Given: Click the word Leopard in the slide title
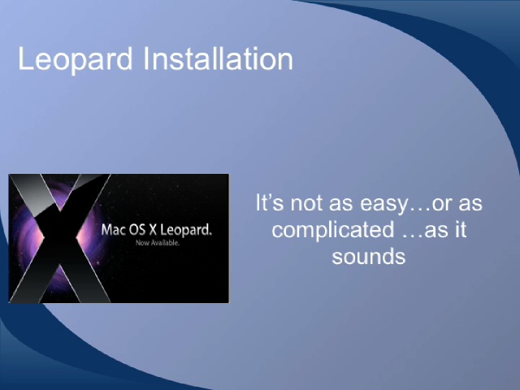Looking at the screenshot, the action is [x=76, y=59].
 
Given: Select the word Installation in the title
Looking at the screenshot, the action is [x=219, y=58].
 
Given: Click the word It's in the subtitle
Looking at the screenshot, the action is [x=269, y=202].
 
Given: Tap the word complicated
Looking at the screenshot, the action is [x=333, y=230].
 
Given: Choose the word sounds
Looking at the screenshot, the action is [x=368, y=257].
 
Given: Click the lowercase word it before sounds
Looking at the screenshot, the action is [x=461, y=229].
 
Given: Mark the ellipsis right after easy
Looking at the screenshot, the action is [x=419, y=209].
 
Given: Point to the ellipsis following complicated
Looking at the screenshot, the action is [x=413, y=236].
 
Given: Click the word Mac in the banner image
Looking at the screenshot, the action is [x=114, y=229].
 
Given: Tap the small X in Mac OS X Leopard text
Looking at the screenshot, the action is [x=153, y=229].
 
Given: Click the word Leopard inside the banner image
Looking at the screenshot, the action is [x=186, y=230].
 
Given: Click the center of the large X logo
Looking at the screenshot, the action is [x=60, y=238].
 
